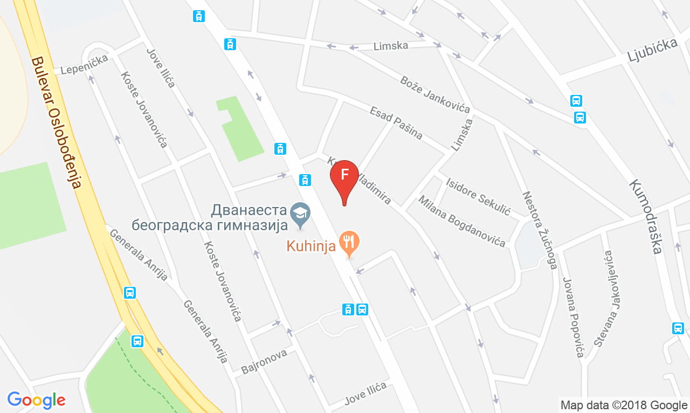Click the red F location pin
tap(344, 176)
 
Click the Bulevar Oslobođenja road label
tap(56, 123)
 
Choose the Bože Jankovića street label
tap(434, 94)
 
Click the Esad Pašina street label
tap(396, 123)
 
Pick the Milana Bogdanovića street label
tap(463, 222)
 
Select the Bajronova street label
tap(261, 362)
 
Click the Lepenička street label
tap(84, 65)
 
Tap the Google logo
tap(37, 400)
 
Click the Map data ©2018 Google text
tap(624, 405)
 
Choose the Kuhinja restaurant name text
tap(312, 246)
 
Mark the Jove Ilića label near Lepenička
tap(161, 68)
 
